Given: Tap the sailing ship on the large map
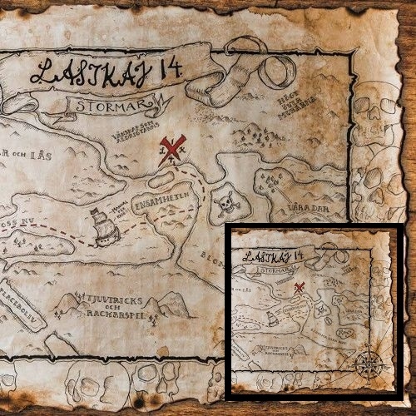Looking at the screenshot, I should [104, 226].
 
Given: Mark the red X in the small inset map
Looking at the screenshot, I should [300, 288].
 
